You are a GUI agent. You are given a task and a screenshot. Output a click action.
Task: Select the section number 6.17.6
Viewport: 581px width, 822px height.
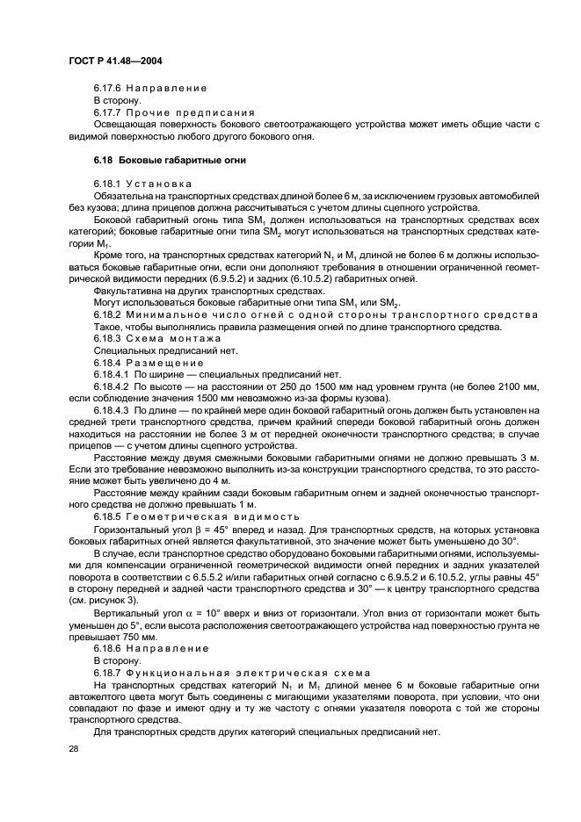[109, 88]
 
